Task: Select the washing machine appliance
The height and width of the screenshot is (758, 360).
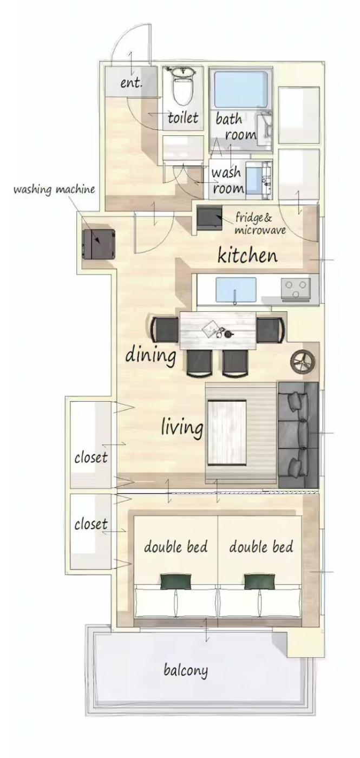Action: pos(99,244)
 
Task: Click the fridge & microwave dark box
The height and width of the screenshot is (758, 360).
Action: pos(210,218)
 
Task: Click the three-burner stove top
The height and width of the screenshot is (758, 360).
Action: pos(296,289)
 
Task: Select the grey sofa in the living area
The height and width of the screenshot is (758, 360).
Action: pos(298,435)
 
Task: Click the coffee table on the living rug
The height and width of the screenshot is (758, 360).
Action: pos(227,433)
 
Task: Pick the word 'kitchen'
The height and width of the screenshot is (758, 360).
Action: pos(247,256)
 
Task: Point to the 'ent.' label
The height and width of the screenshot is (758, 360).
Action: pos(131,83)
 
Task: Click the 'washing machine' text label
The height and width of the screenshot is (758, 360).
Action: pos(54,189)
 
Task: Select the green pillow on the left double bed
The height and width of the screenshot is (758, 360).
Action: pos(175,581)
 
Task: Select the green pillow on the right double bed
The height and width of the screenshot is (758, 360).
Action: pos(259,581)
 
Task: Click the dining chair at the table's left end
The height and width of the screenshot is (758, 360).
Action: pos(165,330)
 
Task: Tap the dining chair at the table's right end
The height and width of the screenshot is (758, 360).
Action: pos(271,330)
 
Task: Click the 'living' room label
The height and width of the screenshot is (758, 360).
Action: pos(182,427)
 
